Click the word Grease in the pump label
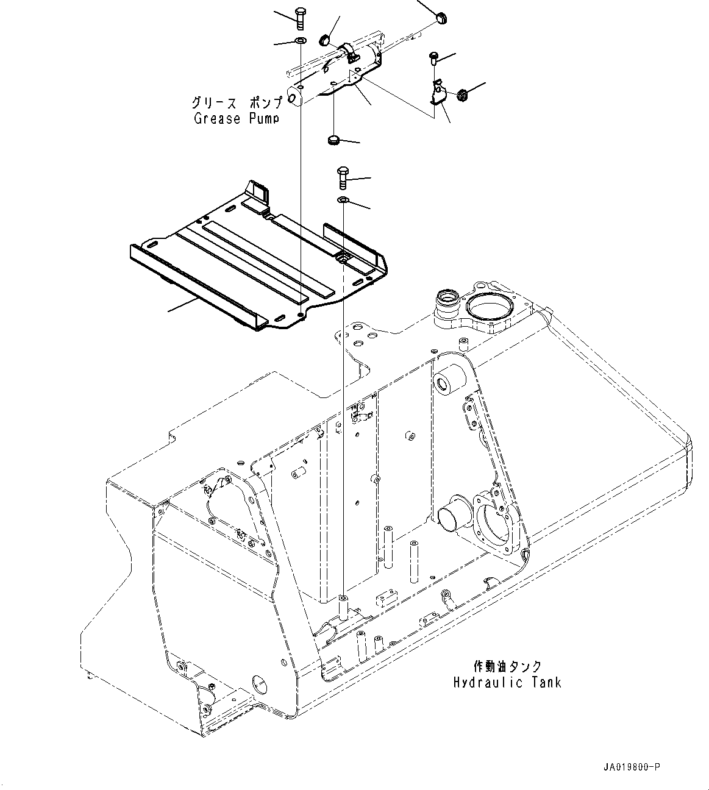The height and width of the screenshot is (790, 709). click(217, 118)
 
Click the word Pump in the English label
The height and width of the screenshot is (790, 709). click(264, 118)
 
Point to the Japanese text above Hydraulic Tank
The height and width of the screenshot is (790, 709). click(507, 667)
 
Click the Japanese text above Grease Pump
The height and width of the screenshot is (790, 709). click(237, 102)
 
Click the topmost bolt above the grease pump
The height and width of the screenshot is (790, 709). click(299, 17)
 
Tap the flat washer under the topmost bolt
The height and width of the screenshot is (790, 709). click(299, 41)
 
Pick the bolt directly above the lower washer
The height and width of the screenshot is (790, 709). click(343, 179)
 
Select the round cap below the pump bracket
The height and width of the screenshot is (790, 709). click(333, 141)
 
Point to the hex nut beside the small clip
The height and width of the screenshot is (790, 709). click(462, 94)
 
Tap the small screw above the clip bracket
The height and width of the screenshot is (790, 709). click(433, 58)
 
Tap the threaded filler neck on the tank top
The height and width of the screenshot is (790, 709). click(448, 301)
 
